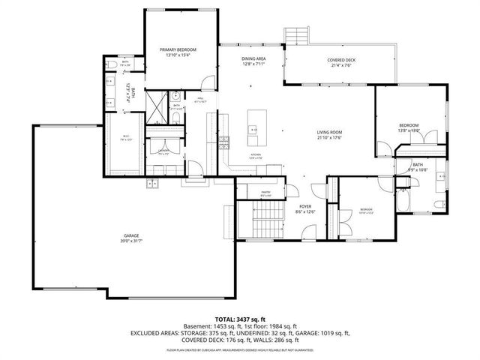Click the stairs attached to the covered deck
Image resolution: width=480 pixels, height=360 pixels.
pos(298,36)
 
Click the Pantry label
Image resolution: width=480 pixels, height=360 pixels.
pos(265,193)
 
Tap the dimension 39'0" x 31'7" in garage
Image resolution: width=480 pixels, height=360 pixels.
pos(131,241)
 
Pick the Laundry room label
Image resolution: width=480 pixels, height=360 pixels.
pos(163,150)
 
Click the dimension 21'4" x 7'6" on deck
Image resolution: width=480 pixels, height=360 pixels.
pos(340,65)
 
